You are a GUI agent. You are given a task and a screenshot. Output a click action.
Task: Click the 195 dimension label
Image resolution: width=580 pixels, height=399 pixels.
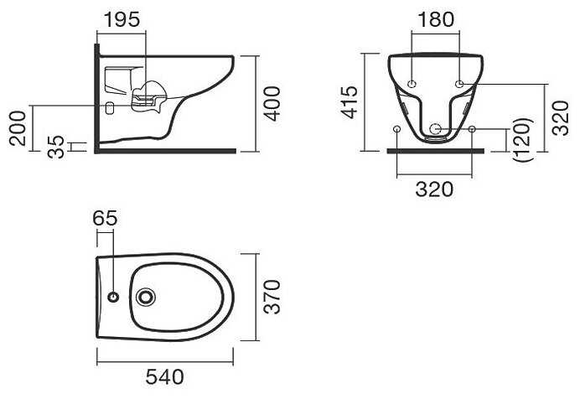click(x=122, y=19)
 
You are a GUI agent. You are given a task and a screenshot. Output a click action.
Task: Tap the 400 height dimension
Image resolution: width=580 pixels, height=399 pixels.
click(x=273, y=104)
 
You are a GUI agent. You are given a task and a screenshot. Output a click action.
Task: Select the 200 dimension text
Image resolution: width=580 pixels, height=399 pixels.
click(x=18, y=128)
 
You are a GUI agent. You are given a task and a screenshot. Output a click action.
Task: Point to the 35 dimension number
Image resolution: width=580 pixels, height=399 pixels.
click(x=56, y=147)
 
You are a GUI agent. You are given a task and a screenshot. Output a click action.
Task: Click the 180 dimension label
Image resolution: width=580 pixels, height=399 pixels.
click(x=435, y=19)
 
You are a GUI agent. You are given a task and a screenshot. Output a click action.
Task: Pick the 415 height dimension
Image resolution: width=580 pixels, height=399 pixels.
click(x=350, y=102)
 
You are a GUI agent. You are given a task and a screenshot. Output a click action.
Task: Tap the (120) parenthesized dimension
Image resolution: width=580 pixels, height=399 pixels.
click(x=523, y=139)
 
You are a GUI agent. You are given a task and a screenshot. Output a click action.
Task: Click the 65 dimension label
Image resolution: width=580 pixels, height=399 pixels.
click(x=105, y=218)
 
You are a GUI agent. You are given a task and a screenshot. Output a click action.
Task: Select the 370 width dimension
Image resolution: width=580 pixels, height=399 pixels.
click(x=273, y=298)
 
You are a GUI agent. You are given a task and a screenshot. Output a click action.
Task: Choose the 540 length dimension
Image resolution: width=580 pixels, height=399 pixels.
click(x=164, y=377)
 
